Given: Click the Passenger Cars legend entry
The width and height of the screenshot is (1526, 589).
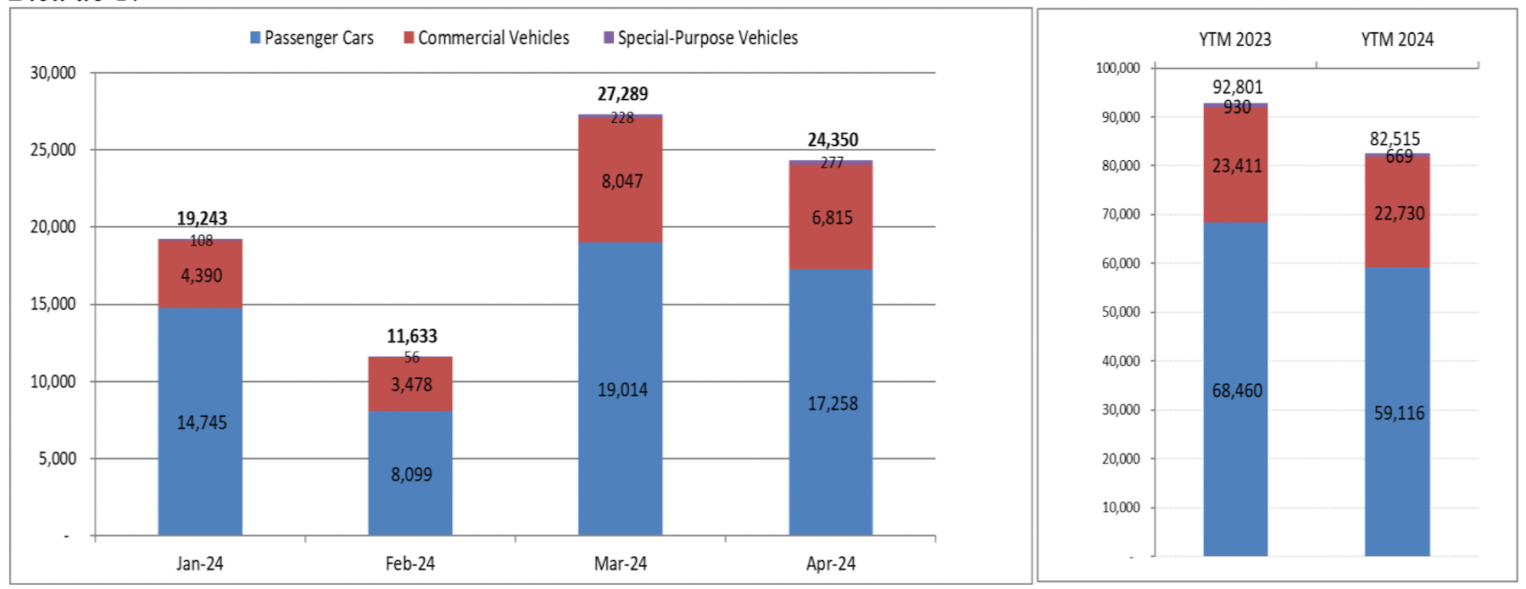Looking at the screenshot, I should coord(311,38).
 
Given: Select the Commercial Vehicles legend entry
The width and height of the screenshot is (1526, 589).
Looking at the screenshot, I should coord(487,38).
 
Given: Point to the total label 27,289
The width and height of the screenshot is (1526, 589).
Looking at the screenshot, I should coord(622,94).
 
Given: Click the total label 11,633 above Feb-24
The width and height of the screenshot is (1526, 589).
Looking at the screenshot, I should coord(412,336).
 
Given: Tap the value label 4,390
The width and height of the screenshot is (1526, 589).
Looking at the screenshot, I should coord(202,276).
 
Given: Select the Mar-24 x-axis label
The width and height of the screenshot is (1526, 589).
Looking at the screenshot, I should coord(621,564).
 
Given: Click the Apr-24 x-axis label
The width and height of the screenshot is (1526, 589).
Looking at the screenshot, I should coord(831,564).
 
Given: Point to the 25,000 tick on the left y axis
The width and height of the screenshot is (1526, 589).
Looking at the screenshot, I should coord(53,150).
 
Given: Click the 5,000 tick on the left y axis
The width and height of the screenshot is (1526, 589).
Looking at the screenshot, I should coord(57,458).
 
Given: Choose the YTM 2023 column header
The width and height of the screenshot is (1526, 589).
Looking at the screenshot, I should coord(1235,40).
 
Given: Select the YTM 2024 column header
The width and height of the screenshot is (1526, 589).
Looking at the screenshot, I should coord(1397,40).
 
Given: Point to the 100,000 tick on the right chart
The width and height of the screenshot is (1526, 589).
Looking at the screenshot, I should coord(1117,68).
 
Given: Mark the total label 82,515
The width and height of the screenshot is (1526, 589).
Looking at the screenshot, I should coord(1395,139).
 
